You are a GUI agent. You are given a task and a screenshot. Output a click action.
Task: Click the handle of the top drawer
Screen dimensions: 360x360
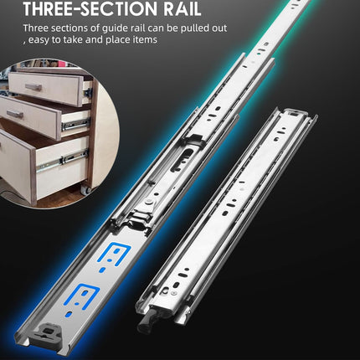(x=33, y=86)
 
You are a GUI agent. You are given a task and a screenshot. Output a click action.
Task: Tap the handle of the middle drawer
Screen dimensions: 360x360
(x=15, y=113)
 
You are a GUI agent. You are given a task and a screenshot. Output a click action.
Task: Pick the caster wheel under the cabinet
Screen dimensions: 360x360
(x=85, y=190)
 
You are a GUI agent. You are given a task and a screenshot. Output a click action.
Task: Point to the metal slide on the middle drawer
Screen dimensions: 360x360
(x=75, y=123)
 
